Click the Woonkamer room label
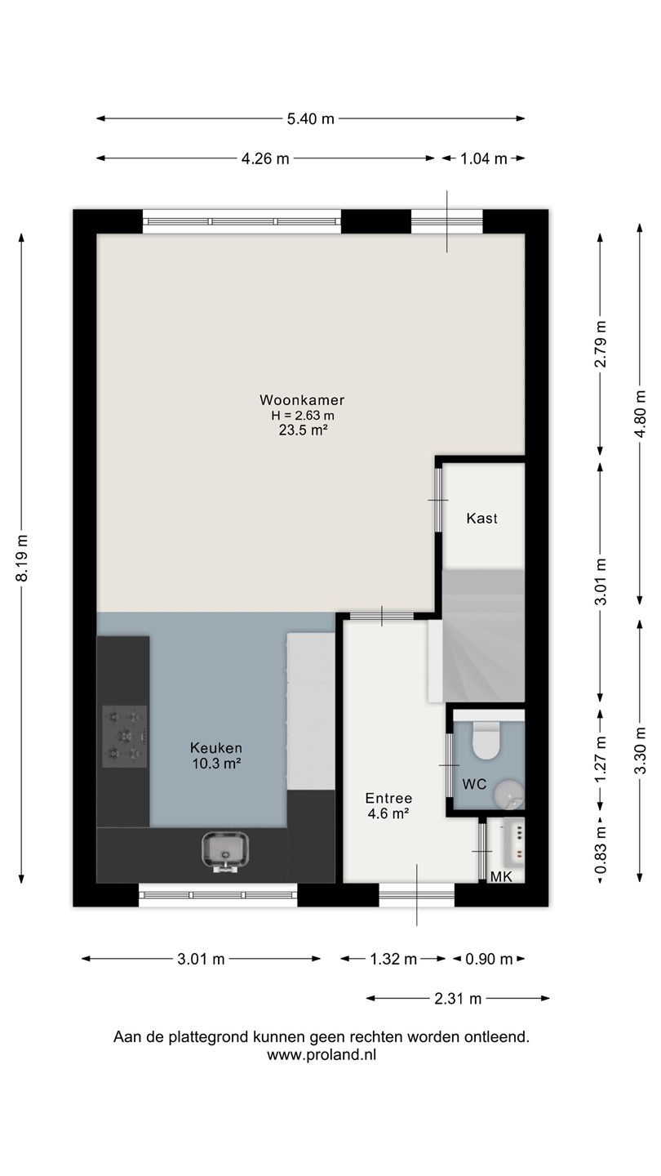pos(302,400)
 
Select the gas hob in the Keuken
pos(124,736)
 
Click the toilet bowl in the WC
pos(486,740)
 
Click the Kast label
pos(481,519)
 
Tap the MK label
pos(501,876)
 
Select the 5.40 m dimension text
pos(311,119)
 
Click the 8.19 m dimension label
pos(22,558)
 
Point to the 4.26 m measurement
pos(265,158)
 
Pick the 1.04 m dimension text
pos(484,158)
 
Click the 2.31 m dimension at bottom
pos(458,999)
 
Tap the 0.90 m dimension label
pos(489,959)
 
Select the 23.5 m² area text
pos(304,430)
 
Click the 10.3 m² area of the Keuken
pos(216,764)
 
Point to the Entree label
pos(388,799)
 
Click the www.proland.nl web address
pos(322,1055)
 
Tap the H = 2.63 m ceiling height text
pos(303,415)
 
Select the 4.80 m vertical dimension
pos(640,414)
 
